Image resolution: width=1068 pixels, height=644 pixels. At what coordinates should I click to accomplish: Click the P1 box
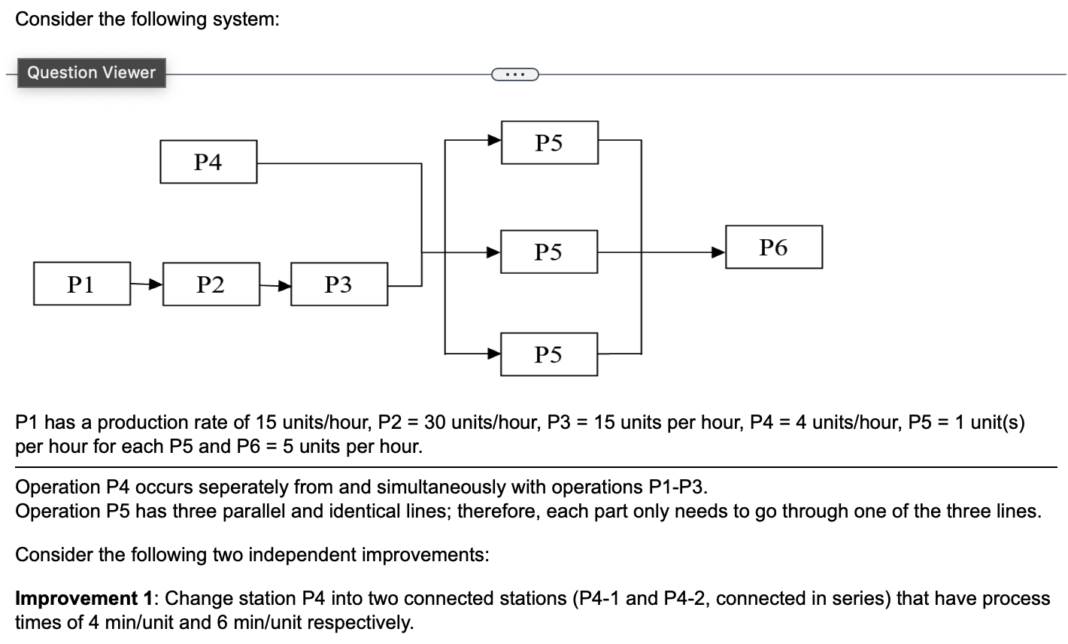pos(82,284)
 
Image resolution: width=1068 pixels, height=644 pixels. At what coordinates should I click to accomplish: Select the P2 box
pos(211,284)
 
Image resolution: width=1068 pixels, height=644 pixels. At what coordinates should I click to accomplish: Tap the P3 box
pos(338,284)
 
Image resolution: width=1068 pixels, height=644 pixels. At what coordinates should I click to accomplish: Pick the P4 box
pos(208,162)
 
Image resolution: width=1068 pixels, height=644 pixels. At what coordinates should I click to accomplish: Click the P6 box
pos(773,247)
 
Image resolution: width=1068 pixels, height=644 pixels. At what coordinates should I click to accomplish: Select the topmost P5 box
pos(549,142)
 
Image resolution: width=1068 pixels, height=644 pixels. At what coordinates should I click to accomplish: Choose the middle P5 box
pos(549,251)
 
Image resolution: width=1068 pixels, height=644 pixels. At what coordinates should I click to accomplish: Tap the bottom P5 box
pos(549,354)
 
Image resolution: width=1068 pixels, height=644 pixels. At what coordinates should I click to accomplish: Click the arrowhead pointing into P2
pos(155,285)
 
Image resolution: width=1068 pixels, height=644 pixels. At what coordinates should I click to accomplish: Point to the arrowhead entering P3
pos(284,285)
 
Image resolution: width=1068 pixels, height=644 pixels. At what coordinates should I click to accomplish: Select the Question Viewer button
pos(91,73)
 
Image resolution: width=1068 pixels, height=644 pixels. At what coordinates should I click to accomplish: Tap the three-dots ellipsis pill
pos(514,74)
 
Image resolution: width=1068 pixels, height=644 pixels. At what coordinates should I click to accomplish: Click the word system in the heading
pos(244,20)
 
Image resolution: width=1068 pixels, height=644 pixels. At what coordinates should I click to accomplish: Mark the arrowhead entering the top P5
pos(494,140)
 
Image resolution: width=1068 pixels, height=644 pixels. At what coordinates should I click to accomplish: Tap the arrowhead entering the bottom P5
pos(494,352)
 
